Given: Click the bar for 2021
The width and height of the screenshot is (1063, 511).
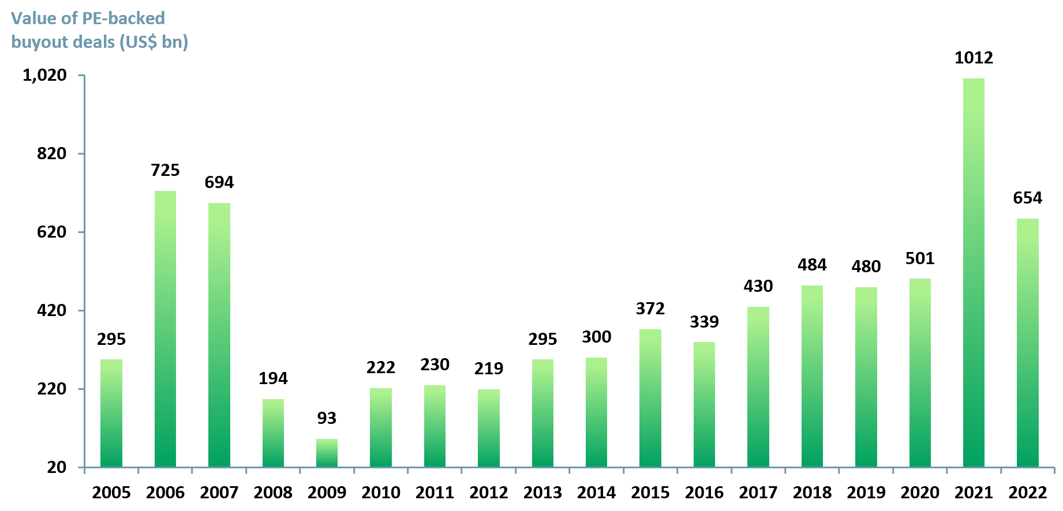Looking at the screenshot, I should point(974,272).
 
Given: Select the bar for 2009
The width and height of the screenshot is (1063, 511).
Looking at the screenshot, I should point(327,453).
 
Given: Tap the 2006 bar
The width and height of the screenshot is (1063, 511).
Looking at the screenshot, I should point(165,329).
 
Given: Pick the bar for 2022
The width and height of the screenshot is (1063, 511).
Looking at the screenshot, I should point(1027,343).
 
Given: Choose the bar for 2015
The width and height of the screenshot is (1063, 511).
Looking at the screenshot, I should point(650,398).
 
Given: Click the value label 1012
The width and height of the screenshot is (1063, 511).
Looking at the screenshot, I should point(974,58).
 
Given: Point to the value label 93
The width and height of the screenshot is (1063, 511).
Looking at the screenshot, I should point(327,418).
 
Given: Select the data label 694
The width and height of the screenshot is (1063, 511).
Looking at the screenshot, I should point(219,182).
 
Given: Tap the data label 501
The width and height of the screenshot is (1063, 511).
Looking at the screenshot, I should point(920,258).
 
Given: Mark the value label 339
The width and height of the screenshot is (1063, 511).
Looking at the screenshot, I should point(704,322).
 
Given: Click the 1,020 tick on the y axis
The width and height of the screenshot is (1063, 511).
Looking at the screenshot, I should point(44,75).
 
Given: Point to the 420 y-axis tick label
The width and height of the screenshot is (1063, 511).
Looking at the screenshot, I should point(51,310).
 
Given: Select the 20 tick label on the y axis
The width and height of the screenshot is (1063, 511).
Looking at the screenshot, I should point(57,467).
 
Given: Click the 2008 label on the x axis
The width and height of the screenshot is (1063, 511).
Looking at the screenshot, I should point(273,493).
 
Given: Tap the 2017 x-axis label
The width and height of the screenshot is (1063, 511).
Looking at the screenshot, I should point(758,493).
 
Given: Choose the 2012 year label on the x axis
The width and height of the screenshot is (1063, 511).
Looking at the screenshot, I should point(489,493).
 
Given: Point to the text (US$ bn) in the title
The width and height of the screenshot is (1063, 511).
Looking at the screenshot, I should point(154,42).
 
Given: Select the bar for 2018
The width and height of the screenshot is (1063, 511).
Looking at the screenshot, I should point(812,376).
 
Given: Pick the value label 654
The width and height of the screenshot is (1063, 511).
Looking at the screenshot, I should point(1027,198).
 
